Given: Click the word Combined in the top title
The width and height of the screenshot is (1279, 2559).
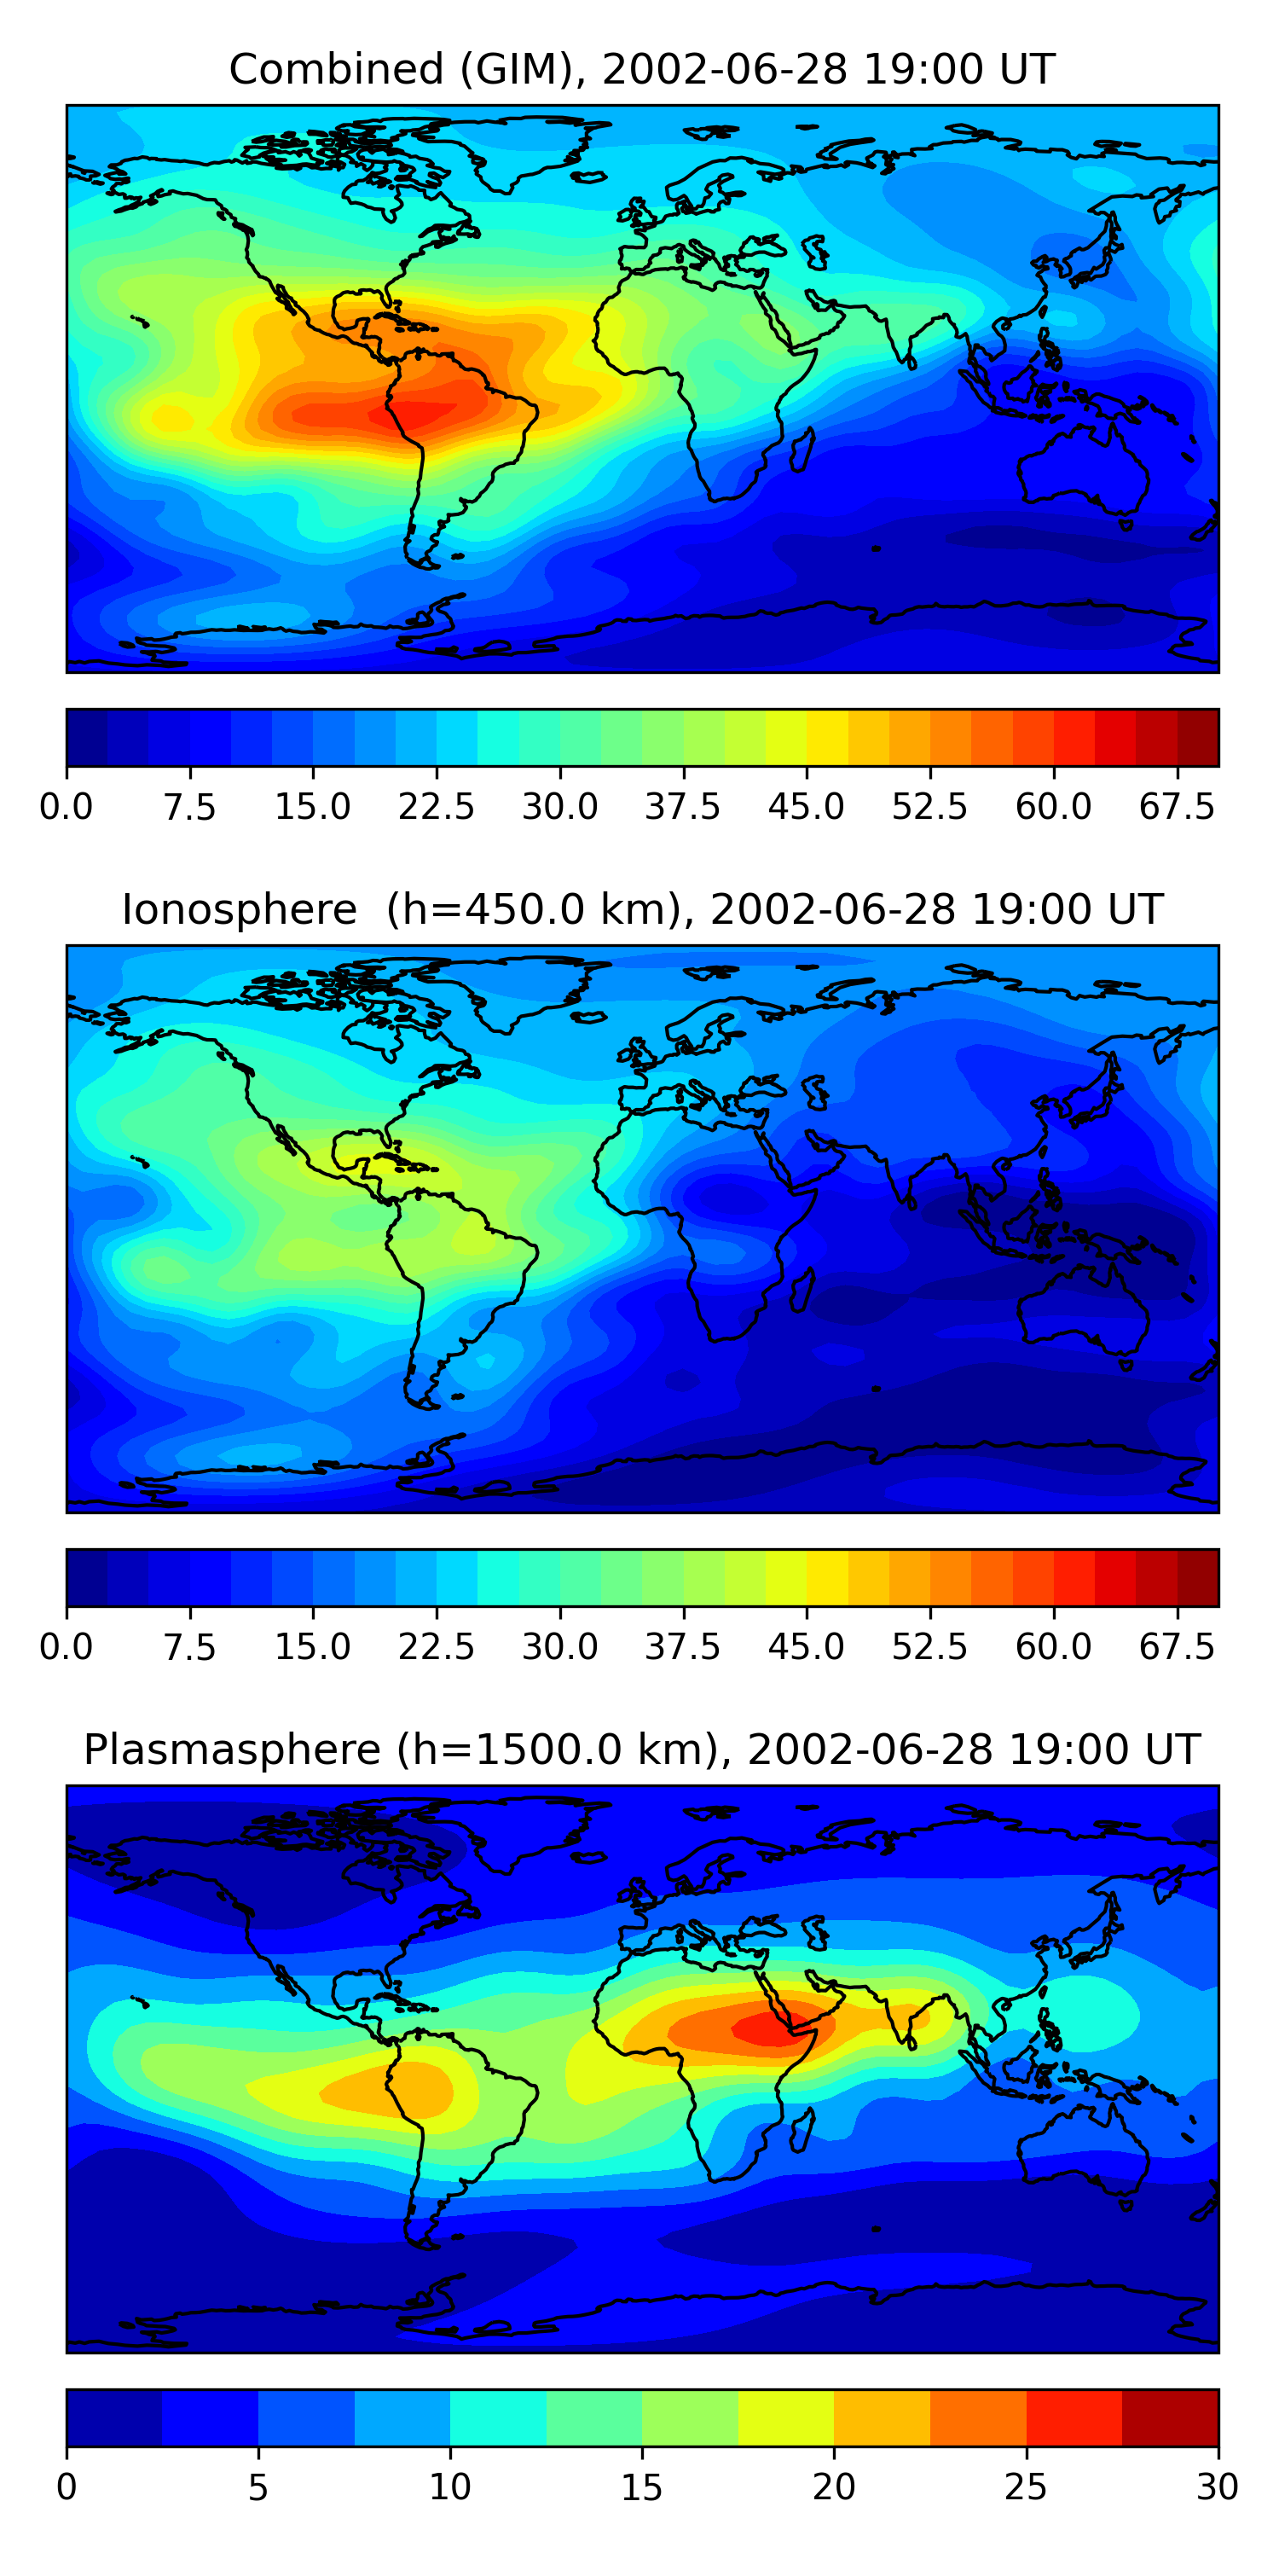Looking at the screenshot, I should (x=337, y=70).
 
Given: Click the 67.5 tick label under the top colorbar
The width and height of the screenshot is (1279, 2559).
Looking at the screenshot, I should (x=1177, y=807).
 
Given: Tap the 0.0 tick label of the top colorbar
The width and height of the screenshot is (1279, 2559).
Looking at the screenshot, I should (x=67, y=807).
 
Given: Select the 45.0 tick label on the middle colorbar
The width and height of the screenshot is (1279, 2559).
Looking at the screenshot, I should (x=807, y=1647).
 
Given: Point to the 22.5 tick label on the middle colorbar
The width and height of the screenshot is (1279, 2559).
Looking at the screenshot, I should (x=437, y=1647).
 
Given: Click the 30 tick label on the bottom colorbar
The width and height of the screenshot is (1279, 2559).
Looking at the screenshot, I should (x=1218, y=2487).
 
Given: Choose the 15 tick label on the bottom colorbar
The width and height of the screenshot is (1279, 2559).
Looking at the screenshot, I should (x=641, y=2487).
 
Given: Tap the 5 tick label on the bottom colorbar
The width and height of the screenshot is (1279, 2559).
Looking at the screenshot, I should (x=258, y=2487).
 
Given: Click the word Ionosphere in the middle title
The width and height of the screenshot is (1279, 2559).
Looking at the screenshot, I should (x=240, y=910).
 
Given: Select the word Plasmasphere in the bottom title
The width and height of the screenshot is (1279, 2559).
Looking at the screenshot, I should (x=231, y=1750).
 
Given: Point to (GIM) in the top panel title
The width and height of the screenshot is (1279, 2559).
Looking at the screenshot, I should (x=524, y=70).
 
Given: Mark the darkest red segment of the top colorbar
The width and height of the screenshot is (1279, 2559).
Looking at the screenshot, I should (x=1198, y=738).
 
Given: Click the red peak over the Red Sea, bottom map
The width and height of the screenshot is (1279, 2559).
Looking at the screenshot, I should (x=770, y=2027).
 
